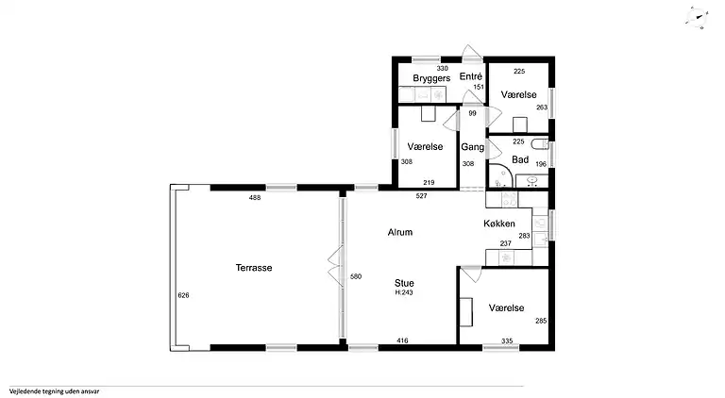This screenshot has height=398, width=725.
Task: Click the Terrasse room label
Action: tap(254, 268)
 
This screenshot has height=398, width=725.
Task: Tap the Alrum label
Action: tap(400, 232)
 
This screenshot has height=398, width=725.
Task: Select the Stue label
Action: tap(404, 283)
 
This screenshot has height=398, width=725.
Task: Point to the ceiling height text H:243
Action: tap(404, 292)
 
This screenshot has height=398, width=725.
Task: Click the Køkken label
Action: tap(499, 224)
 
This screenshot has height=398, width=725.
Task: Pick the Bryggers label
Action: tap(431, 78)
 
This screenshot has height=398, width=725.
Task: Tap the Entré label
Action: tap(471, 76)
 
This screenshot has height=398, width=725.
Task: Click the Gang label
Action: tap(473, 147)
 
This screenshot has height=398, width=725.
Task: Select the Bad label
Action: tap(520, 159)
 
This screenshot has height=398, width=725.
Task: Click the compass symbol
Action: tap(697, 18)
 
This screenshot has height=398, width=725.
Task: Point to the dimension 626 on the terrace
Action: tap(183, 295)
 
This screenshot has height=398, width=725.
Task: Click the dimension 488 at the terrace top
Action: tap(255, 198)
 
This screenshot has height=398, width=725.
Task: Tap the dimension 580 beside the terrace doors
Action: tap(356, 276)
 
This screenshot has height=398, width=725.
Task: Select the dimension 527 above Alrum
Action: tap(421, 196)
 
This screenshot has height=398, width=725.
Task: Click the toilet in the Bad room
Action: tap(540, 144)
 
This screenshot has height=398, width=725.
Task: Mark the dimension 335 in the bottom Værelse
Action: tap(507, 341)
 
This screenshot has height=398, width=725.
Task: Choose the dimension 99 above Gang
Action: tap(472, 113)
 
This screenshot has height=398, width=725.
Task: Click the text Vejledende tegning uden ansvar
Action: tap(54, 391)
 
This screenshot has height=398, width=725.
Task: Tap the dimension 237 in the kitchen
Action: tap(506, 243)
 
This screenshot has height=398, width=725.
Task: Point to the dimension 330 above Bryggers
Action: tap(442, 68)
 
